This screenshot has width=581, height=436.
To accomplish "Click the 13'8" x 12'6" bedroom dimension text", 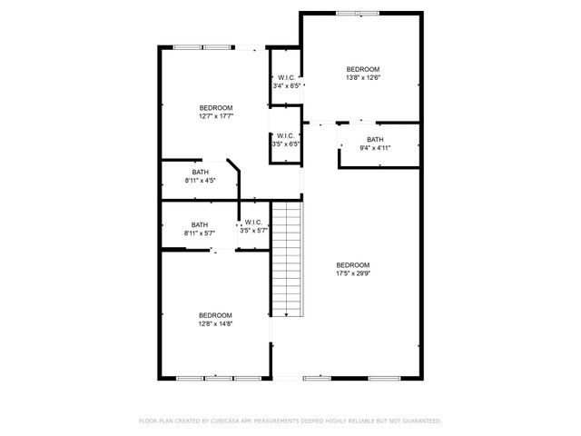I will [362, 78].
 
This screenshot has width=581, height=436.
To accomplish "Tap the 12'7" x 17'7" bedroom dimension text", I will [216, 116].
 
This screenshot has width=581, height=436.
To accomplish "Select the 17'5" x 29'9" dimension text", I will [353, 273].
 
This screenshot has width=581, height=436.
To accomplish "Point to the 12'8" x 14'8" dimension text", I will [216, 323].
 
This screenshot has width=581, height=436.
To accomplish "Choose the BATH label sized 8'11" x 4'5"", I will [201, 173].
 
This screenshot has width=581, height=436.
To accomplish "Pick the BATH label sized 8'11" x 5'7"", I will [201, 225].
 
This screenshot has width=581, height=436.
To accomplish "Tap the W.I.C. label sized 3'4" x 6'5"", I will [286, 78].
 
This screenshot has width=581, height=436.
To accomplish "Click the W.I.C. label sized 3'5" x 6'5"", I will [286, 136].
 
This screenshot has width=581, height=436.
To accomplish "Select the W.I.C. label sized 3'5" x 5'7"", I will [251, 223].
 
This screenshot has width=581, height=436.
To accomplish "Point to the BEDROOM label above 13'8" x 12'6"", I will [362, 69].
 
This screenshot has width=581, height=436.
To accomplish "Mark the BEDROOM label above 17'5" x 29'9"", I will [353, 264].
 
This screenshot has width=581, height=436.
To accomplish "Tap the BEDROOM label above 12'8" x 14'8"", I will [216, 314].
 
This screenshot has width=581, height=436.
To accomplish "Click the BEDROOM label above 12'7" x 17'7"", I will [216, 107].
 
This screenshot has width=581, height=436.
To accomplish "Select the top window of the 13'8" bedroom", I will [357, 13].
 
